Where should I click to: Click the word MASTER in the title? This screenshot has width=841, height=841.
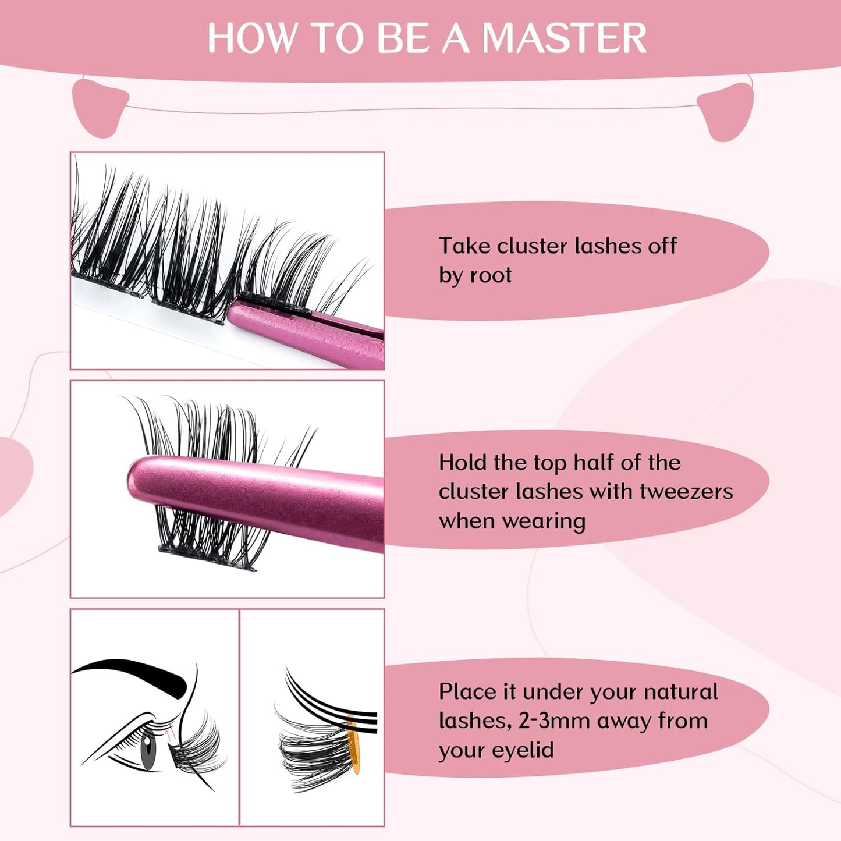click(x=564, y=38)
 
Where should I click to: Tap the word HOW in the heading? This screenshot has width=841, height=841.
click(x=251, y=38)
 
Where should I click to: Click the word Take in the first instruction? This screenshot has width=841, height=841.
click(x=464, y=246)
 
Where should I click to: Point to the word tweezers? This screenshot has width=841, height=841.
click(x=686, y=492)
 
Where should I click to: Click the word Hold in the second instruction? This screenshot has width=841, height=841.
click(x=463, y=463)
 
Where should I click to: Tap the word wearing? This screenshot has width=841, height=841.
click(x=512, y=521)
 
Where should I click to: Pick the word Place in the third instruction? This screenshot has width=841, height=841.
click(x=467, y=691)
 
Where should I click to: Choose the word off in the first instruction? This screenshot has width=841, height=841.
click(x=662, y=246)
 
